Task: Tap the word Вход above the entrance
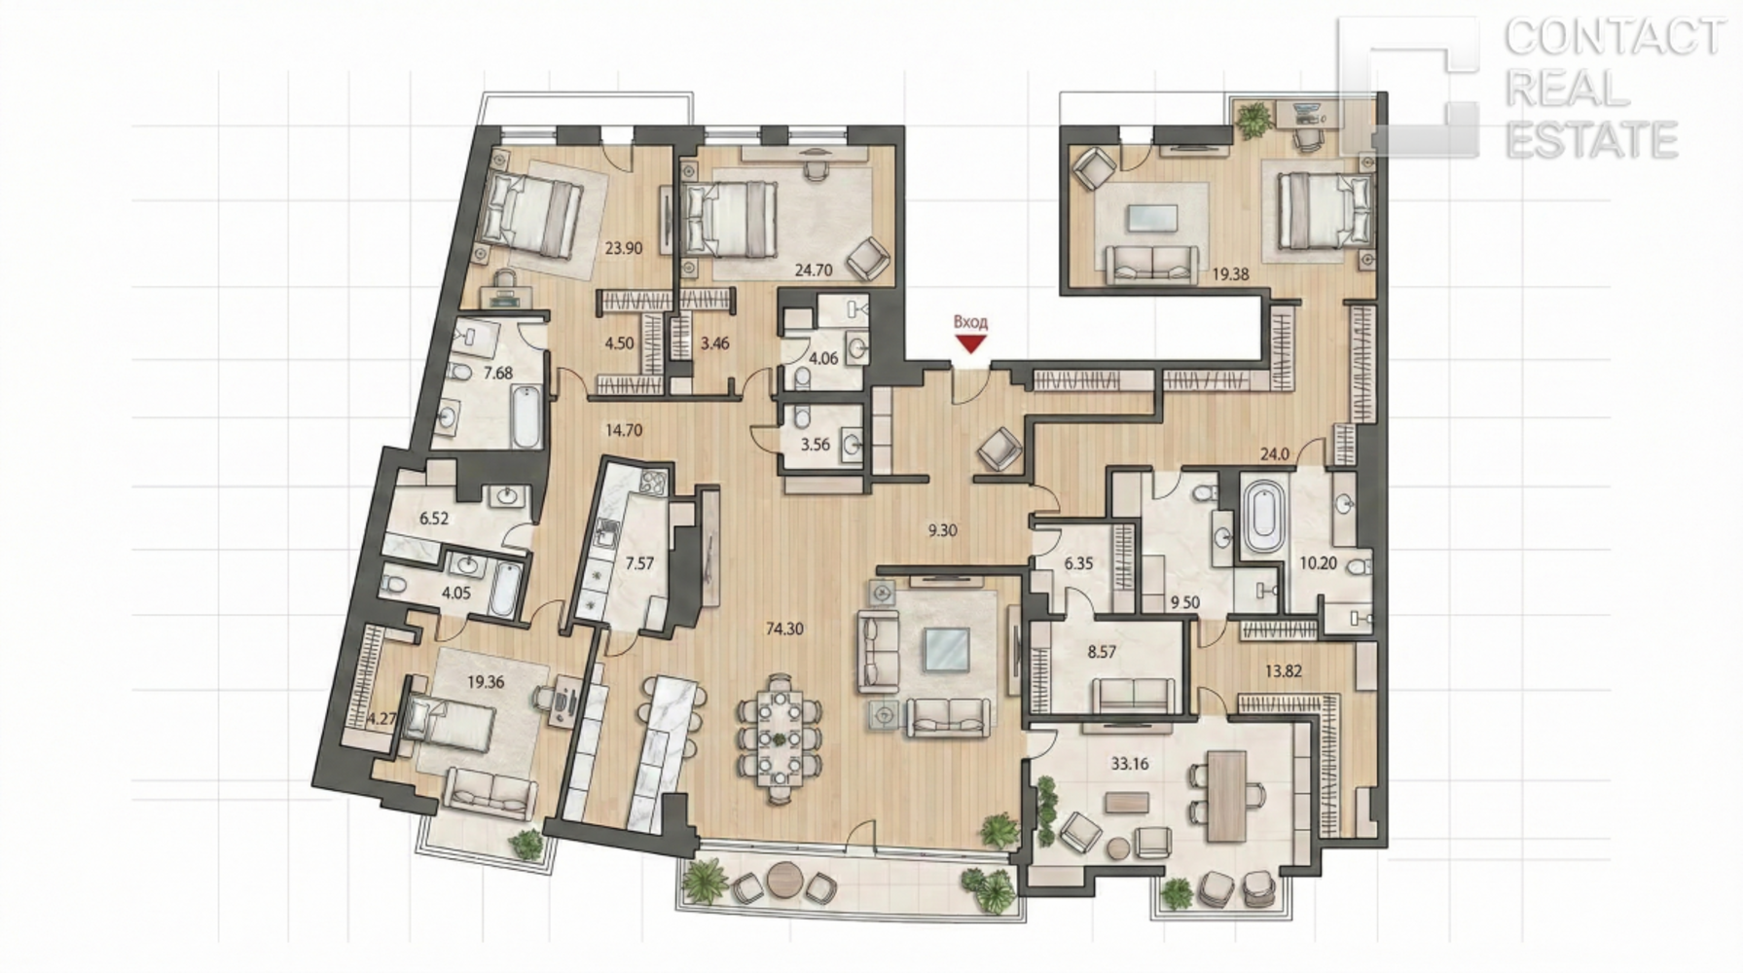970,322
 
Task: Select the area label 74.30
784,629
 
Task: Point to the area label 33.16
1129,764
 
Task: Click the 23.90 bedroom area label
623,248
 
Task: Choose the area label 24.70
814,270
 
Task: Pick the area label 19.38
1230,274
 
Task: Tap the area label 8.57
1102,652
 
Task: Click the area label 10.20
1319,562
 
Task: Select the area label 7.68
498,373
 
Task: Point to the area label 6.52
434,519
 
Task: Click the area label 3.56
815,445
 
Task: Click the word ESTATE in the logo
1591,140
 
